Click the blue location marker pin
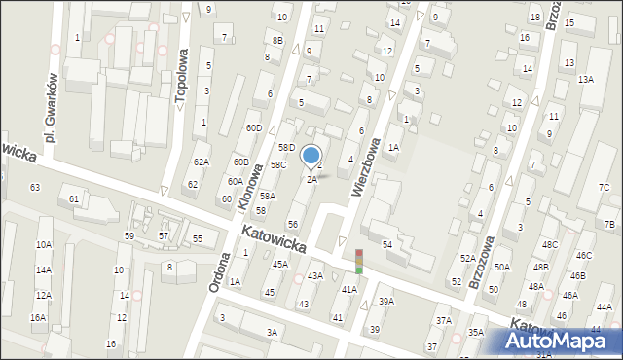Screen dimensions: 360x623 [x=311, y=156]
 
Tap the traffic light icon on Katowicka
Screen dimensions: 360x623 [x=358, y=261]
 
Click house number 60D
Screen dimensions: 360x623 [x=254, y=128]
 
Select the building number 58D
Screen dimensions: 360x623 [x=285, y=147]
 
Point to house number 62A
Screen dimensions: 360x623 [x=201, y=162]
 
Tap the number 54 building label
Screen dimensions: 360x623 [x=386, y=244]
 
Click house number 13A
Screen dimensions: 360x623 [x=585, y=79]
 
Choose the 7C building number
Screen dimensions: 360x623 [x=604, y=187]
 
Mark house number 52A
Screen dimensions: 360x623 [x=468, y=258]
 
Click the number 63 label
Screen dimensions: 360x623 [x=35, y=186]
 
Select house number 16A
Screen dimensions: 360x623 [x=37, y=317]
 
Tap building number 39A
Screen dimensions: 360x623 [x=386, y=302]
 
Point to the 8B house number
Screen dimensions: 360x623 [x=277, y=40]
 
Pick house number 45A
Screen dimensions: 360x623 [x=280, y=264]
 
